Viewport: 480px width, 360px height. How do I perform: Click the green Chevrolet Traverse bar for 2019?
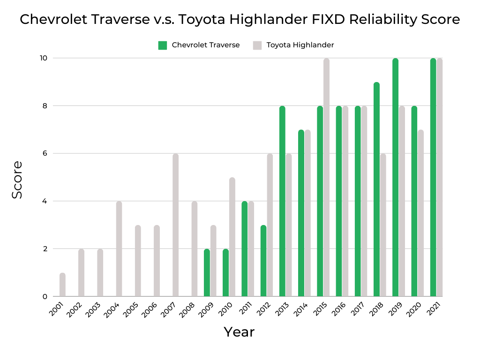(x=396, y=178)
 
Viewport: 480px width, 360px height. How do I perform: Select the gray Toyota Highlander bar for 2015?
(x=326, y=178)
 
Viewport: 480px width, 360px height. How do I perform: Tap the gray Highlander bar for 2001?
(x=63, y=285)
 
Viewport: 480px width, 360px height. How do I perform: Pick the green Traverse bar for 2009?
(x=207, y=273)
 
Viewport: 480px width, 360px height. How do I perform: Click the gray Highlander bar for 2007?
(x=176, y=225)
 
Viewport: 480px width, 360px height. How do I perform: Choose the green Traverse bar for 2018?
(x=376, y=189)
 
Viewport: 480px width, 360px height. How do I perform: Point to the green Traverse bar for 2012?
(x=263, y=261)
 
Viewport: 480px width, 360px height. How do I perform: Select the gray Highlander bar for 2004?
(x=119, y=249)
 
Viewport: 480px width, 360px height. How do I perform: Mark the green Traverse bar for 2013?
(x=282, y=202)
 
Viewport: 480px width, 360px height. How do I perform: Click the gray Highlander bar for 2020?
(x=420, y=213)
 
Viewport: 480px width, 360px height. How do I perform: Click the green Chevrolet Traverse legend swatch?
(x=163, y=45)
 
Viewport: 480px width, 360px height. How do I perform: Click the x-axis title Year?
(x=239, y=332)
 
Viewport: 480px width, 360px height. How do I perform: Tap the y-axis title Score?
(x=17, y=180)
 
